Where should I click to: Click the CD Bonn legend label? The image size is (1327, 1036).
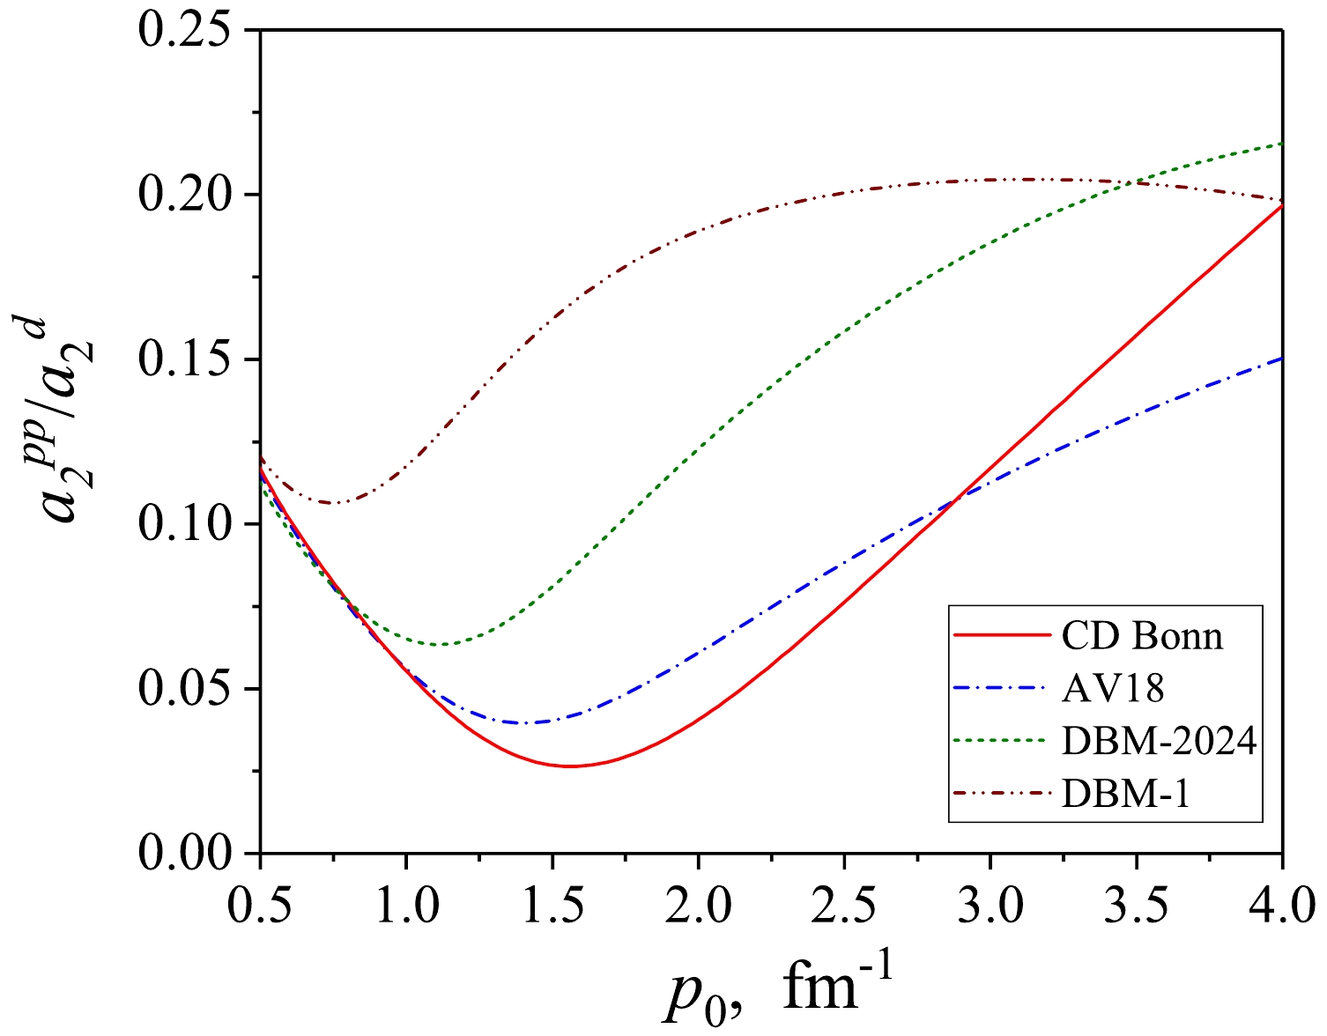1142,635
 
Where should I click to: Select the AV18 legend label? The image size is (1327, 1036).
1113,688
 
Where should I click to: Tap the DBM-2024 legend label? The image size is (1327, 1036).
1159,741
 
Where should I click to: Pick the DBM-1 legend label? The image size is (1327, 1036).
1126,794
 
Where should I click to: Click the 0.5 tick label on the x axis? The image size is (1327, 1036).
260,905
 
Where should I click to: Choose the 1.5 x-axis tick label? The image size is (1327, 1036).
552,905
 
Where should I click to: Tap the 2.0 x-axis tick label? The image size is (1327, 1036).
698,905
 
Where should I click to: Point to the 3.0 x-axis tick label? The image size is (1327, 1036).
990,905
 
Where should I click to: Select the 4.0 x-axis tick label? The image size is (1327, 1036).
1281,905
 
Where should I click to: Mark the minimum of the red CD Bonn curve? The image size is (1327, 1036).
571,766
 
